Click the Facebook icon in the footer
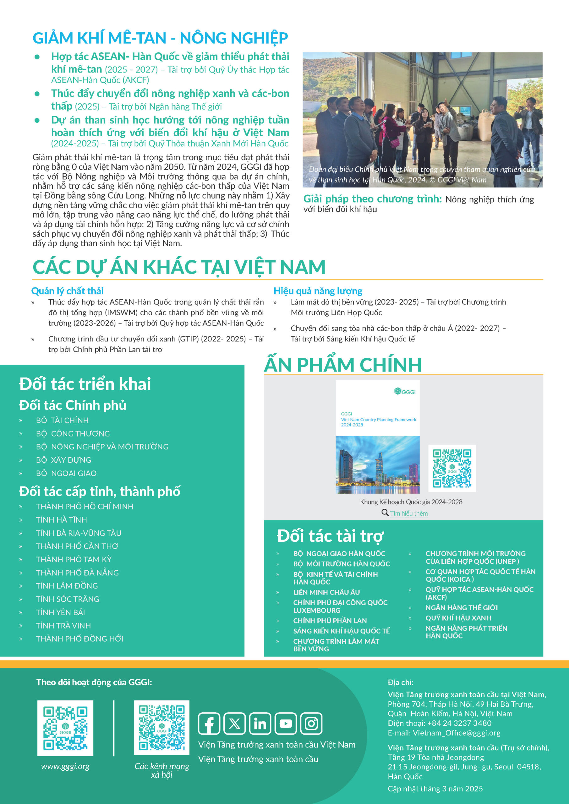coord(209,724)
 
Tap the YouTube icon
coord(286,724)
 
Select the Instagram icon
coord(311,724)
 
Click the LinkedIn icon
coord(260,724)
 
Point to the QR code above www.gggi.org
coord(65,728)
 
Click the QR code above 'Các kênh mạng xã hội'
coord(161,727)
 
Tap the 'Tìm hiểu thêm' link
coord(409,513)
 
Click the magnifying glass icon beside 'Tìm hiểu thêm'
coord(385,513)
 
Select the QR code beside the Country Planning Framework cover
coord(452,468)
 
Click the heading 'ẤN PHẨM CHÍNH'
coord(343,365)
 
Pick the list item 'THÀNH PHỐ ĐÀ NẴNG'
coord(77,573)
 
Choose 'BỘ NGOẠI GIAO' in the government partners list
coord(66,473)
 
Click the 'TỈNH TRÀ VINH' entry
coord(63,625)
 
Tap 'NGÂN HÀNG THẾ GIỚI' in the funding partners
coord(462,607)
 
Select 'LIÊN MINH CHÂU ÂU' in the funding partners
coord(326,592)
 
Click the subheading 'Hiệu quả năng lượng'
coord(318,291)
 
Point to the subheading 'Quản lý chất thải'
coord(67,291)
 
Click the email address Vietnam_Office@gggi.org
coord(456,733)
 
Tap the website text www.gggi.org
coord(65,766)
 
